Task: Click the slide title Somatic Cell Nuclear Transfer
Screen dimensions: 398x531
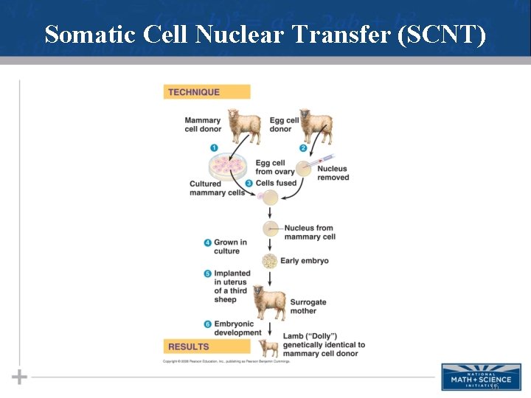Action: coord(265,34)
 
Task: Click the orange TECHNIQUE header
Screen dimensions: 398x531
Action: coord(206,92)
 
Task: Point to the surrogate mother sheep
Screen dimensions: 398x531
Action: coord(269,302)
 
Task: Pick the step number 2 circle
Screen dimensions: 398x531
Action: coord(302,148)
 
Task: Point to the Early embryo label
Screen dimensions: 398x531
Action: coord(304,261)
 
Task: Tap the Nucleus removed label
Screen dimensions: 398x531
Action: coord(333,173)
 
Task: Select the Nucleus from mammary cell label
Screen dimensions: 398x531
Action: coord(310,232)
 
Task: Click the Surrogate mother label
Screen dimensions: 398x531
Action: coord(308,307)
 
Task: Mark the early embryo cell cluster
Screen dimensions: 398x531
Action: coord(271,261)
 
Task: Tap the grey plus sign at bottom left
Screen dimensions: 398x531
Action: coord(19,377)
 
